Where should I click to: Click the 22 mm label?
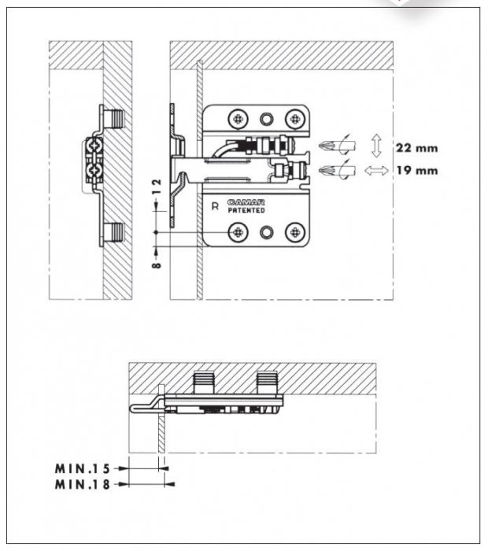click(416, 147)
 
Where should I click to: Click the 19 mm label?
click(416, 170)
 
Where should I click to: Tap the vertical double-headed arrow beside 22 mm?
click(376, 146)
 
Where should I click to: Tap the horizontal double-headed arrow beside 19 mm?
click(376, 170)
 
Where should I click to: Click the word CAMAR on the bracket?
click(245, 203)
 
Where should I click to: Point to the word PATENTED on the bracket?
click(246, 211)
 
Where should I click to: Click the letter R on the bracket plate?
click(216, 207)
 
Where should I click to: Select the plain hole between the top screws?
click(266, 119)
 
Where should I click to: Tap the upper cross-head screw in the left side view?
click(94, 146)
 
